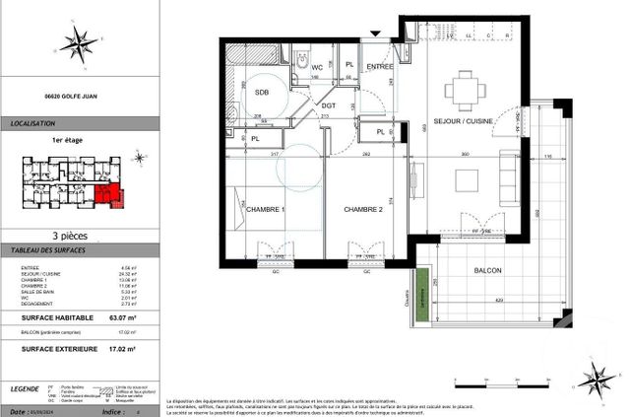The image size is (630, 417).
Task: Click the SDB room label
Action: (262, 92)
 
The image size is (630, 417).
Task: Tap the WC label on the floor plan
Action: (318, 68)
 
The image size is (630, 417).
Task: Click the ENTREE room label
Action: (380, 66)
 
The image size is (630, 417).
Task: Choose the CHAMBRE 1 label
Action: (266, 209)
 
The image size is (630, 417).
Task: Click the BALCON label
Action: (488, 270)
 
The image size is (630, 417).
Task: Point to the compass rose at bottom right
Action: (595, 379)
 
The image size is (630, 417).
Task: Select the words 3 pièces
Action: (81, 235)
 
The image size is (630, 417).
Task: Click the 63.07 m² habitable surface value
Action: (122, 317)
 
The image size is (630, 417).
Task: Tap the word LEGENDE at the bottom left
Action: (27, 391)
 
